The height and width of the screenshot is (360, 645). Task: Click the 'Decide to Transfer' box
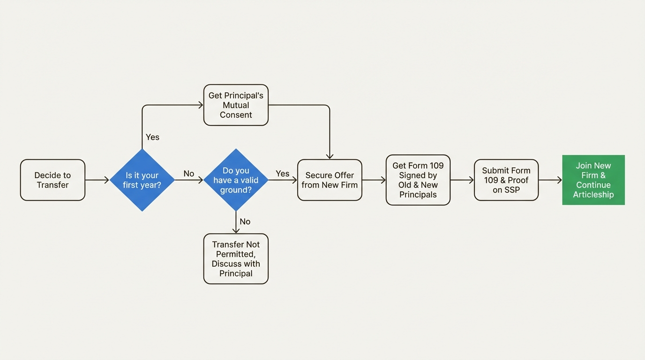[52, 180]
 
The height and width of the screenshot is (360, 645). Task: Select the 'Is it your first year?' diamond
[142, 180]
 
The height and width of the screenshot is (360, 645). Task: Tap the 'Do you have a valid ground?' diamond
[236, 180]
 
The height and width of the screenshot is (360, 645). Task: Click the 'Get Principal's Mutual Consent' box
[236, 105]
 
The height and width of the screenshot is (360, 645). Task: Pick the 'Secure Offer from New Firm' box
[330, 180]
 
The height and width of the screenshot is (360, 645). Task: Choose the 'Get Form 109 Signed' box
[418, 180]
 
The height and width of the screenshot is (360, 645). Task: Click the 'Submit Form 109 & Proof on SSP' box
[506, 180]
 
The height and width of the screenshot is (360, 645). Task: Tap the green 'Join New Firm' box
[593, 180]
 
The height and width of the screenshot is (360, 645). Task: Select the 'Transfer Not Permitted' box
[236, 259]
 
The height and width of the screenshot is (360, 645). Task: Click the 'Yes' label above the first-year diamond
[152, 137]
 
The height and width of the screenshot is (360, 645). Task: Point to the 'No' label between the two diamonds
[189, 173]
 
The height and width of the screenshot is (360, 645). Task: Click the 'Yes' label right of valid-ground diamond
[282, 173]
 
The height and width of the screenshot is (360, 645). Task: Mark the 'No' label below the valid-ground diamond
[245, 221]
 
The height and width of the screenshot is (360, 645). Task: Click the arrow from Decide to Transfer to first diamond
[97, 180]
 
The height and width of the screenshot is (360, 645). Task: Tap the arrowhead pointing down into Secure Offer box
[330, 156]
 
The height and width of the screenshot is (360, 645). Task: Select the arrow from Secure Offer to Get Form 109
[374, 180]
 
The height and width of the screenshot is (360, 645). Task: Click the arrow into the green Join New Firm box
[550, 180]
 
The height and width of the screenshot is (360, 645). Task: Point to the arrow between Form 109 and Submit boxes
[462, 180]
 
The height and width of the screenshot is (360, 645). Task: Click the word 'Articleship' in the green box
[593, 195]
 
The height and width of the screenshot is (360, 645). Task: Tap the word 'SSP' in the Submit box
[512, 190]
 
